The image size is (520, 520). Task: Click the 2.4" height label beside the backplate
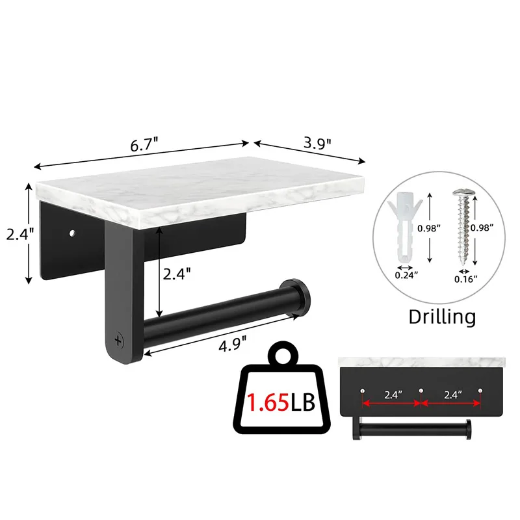click(x=15, y=234)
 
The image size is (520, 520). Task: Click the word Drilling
click(x=442, y=317)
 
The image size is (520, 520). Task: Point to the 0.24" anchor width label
click(x=406, y=275)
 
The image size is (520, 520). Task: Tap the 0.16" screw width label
click(x=466, y=278)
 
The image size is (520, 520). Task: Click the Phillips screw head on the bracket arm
click(x=118, y=339)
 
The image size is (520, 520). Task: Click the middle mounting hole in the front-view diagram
click(x=421, y=390)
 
